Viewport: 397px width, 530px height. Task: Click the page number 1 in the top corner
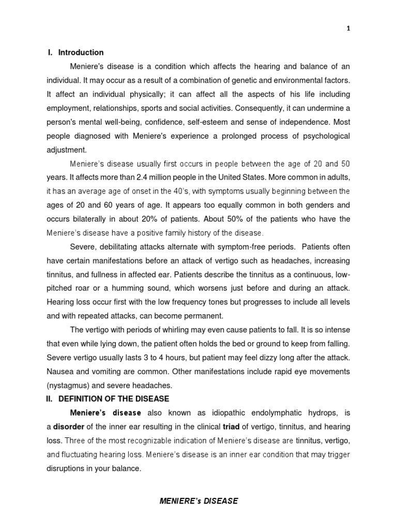coord(348,29)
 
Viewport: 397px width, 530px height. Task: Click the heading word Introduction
coord(81,52)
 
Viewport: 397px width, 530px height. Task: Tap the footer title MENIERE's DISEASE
coord(198,501)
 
